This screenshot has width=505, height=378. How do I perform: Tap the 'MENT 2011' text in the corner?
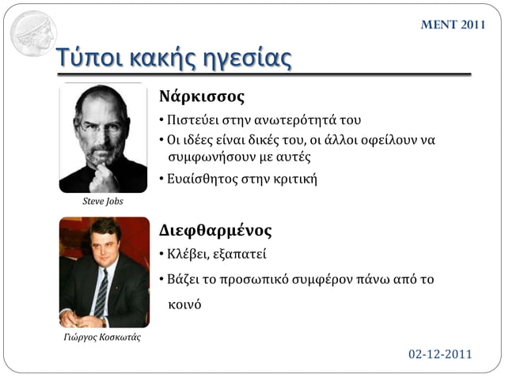[452, 25]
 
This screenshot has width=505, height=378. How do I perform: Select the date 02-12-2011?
[440, 353]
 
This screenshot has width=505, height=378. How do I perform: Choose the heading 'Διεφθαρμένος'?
[215, 231]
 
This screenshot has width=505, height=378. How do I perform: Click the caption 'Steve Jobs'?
[103, 201]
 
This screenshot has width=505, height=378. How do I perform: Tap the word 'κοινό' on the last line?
[184, 304]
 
